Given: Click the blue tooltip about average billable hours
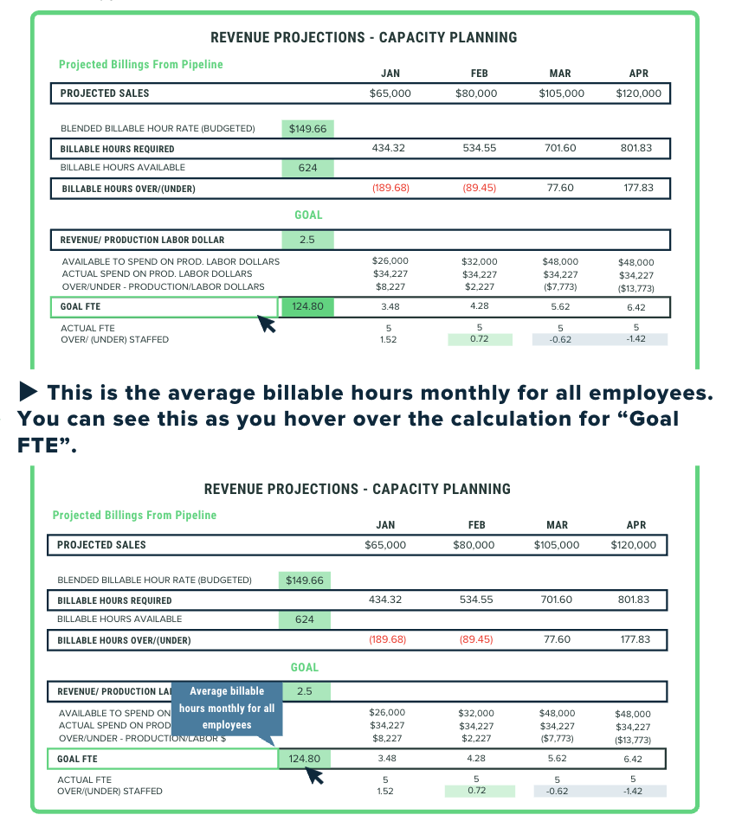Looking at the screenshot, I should click(x=227, y=708).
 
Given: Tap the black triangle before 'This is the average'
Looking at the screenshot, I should click(x=29, y=392).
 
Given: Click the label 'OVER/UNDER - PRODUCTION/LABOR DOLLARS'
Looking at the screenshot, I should click(x=163, y=286).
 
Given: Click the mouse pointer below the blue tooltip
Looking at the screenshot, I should click(x=315, y=775).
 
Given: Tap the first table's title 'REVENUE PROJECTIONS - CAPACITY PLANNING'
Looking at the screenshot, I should click(x=364, y=38).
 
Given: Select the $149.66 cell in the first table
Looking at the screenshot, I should click(x=307, y=129).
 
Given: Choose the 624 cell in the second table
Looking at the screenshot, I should click(x=305, y=619).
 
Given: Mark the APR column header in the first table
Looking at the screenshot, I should click(x=638, y=74).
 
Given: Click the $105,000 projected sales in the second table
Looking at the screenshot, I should click(x=558, y=545).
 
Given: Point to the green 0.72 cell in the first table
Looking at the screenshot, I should click(x=479, y=339).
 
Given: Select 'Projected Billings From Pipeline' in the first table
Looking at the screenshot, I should click(x=140, y=64).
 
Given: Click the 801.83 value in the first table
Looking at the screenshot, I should click(x=636, y=148).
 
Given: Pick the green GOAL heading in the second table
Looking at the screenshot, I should click(x=305, y=667).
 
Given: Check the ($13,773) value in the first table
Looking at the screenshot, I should click(x=636, y=287).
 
